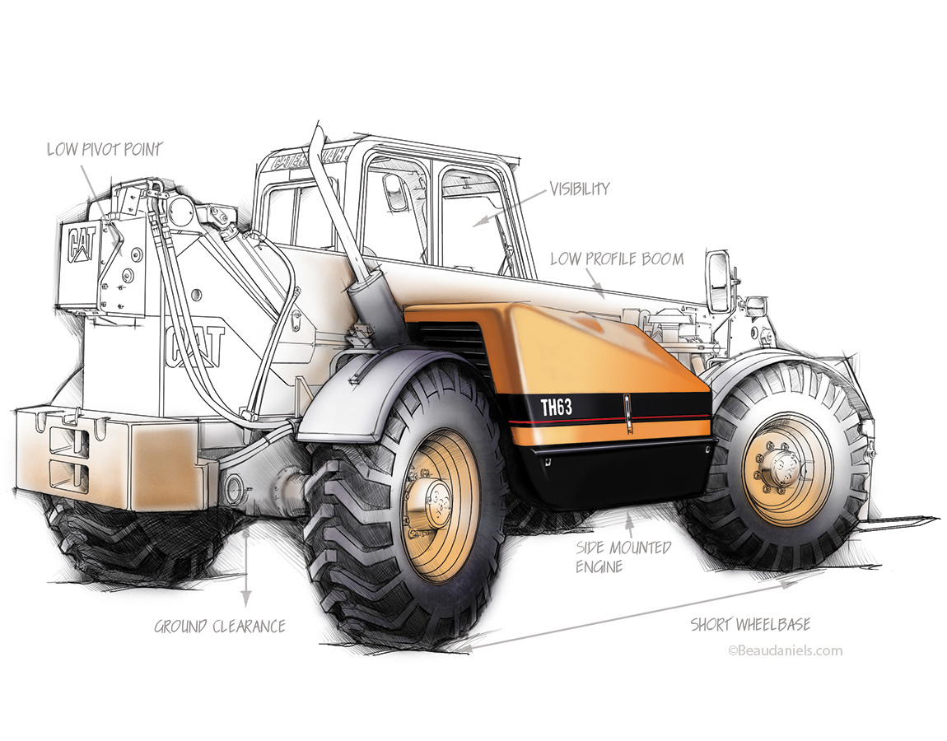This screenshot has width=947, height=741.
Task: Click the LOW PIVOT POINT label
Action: [104, 150]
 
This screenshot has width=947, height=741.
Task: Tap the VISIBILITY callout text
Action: [580, 189]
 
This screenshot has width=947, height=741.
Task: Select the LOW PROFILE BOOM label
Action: [617, 259]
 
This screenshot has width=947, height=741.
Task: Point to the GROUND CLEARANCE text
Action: [220, 627]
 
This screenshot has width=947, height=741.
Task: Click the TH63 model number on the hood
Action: [556, 406]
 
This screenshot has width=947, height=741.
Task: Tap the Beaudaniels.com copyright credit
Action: [785, 650]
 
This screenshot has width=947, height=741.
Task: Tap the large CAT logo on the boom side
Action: [195, 346]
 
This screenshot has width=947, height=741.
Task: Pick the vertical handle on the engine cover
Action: [627, 412]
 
